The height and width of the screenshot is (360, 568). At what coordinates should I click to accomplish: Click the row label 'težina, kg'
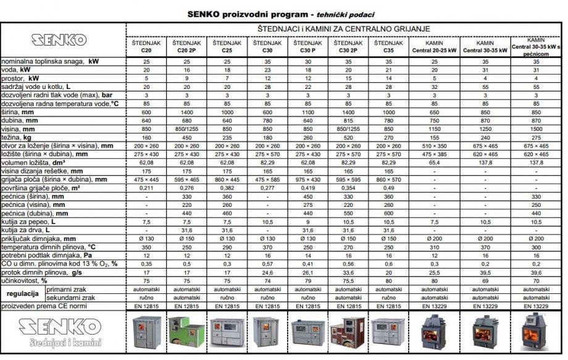point(19,136)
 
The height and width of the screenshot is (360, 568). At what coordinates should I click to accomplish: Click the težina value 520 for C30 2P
point(349,136)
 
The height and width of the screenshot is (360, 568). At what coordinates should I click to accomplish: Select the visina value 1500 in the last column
point(536,130)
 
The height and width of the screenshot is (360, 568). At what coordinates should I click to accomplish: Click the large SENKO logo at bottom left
point(58,328)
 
